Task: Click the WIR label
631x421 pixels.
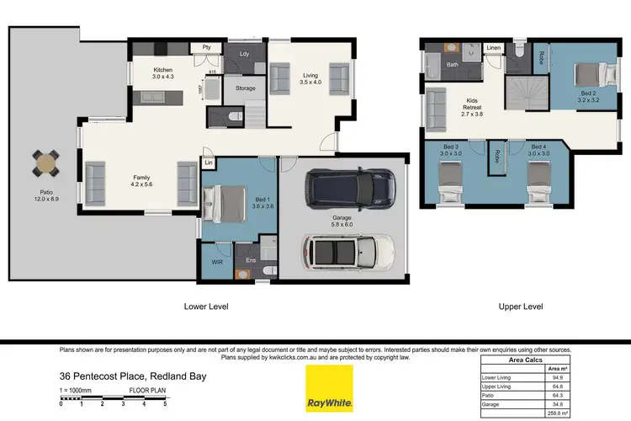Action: (216, 262)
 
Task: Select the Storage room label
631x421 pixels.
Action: (246, 88)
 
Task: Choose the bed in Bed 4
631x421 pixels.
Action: (538, 183)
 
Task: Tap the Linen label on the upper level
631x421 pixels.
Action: (494, 48)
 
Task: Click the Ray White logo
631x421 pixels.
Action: (329, 389)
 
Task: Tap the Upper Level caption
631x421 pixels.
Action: (521, 306)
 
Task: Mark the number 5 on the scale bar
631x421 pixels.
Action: (165, 405)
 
